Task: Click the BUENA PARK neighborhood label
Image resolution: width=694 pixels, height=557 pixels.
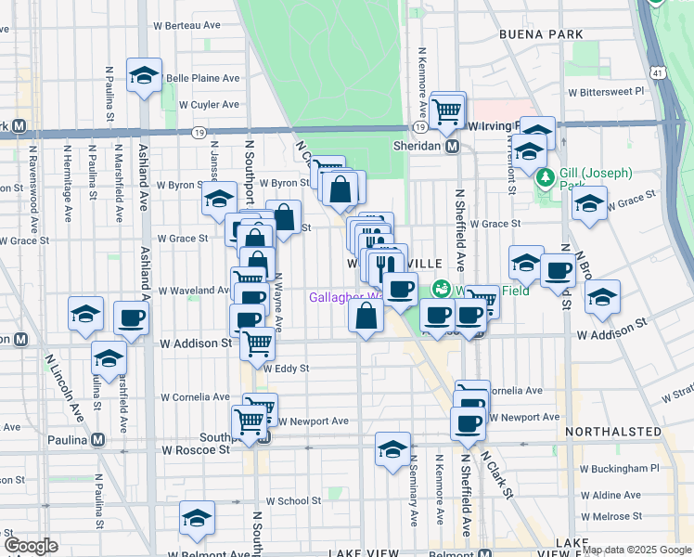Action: point(541,34)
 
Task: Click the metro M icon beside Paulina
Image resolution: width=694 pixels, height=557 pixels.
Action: point(96,440)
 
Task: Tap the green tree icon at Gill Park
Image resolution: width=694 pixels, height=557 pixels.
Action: point(546,176)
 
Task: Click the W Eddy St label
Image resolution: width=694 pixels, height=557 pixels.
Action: point(286,369)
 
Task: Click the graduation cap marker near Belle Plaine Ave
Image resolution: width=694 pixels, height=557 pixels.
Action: point(144,74)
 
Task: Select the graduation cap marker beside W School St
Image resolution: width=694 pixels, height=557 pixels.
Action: point(197,517)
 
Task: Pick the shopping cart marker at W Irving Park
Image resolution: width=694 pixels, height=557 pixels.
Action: point(447,110)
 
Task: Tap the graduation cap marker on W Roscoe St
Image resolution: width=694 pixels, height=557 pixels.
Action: point(392,448)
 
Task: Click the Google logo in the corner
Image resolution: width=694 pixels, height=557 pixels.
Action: point(31,546)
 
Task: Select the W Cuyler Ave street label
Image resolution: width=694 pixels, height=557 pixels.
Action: point(209,105)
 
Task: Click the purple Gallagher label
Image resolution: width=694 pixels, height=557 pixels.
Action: point(343,298)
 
